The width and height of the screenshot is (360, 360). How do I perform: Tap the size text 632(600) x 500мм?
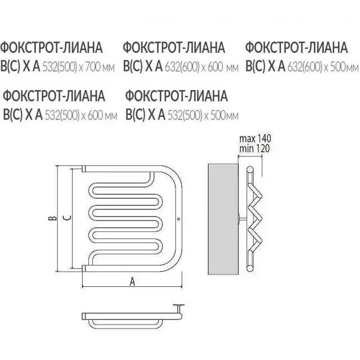pyautogui.click(x=322, y=67)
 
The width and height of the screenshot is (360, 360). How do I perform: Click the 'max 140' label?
pyautogui.click(x=255, y=138)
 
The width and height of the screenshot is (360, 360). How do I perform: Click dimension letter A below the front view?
pyautogui.click(x=132, y=283)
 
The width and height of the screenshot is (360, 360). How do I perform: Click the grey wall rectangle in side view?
pyautogui.click(x=222, y=219)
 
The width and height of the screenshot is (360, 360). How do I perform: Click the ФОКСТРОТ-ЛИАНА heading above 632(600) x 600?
pyautogui.click(x=173, y=47)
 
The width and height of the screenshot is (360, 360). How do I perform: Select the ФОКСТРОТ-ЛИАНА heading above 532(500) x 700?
pyautogui.click(x=51, y=47)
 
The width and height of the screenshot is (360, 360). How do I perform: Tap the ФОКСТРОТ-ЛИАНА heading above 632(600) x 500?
pyautogui.click(x=296, y=47)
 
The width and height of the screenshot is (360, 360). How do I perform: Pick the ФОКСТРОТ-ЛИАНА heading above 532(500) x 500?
pyautogui.click(x=177, y=95)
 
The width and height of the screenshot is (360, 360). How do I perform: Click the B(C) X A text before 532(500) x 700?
pyautogui.click(x=20, y=67)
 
